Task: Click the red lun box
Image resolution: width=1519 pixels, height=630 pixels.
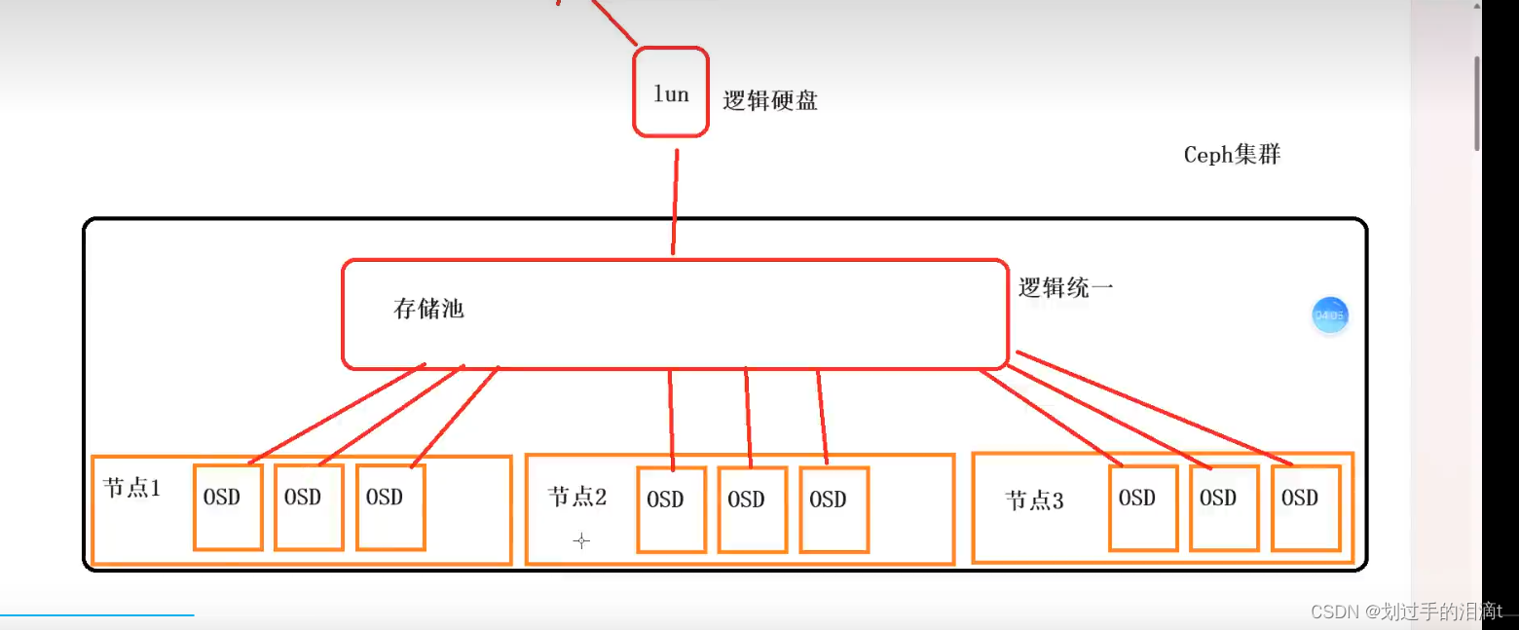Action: [671, 93]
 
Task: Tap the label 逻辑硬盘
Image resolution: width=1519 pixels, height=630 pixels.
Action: [770, 100]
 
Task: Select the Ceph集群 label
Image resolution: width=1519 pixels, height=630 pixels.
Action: [1232, 155]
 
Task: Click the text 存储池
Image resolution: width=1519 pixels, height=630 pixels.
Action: [428, 310]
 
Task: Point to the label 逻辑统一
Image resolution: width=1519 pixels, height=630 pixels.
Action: [1065, 287]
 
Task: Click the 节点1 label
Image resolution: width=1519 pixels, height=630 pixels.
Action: [131, 489]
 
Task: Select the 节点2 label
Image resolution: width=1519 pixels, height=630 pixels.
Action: [577, 498]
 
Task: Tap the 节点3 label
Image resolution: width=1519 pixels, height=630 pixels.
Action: [1034, 501]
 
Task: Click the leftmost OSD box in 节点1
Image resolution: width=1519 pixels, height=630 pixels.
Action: [228, 506]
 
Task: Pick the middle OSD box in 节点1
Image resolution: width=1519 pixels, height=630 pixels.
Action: [309, 506]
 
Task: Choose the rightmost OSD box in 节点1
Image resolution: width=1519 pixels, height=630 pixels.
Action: [390, 506]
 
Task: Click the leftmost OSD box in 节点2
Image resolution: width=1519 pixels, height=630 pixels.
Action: [672, 509]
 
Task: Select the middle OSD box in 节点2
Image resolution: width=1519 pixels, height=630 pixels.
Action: [753, 509]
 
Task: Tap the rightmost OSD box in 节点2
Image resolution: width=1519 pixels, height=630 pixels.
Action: [834, 509]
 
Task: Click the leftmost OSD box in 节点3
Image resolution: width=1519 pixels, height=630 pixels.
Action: [1143, 507]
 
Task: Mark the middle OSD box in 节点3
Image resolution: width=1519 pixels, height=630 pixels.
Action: [1224, 507]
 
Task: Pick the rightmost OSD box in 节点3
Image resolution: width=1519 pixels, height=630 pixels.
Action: [1306, 507]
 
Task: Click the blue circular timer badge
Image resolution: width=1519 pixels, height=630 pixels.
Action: [1329, 315]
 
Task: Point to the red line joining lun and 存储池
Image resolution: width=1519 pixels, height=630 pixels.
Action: [674, 200]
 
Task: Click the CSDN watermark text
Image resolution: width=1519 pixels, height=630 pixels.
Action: [1406, 611]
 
